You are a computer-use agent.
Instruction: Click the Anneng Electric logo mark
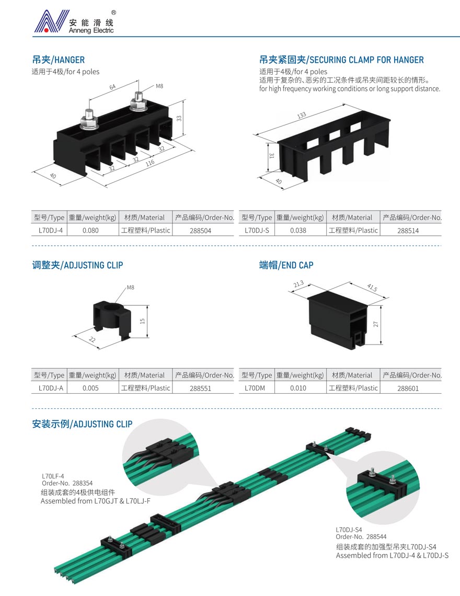pos(51,21)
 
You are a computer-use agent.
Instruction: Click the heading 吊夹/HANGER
pos(59,60)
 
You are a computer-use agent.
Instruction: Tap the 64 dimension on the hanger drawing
pos(112,87)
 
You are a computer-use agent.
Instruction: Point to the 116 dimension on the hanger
pos(150,163)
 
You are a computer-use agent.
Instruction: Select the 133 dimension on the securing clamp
pos(302,115)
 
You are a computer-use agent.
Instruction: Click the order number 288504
pos(200,231)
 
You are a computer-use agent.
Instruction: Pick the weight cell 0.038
pos(298,231)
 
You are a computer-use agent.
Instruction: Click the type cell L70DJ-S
pos(257,231)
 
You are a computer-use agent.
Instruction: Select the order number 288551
pos(200,388)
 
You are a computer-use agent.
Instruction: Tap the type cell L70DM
pos(255,388)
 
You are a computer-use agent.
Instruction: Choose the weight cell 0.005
pos(90,388)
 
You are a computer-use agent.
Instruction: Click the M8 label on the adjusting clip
pos(130,288)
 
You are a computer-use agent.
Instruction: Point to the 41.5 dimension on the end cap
pos(372,288)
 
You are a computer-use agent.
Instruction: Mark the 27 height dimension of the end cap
pos(376,324)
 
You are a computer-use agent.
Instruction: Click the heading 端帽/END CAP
pos(286,265)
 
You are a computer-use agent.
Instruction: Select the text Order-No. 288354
pos(67,484)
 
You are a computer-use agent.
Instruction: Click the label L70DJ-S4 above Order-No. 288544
pos(349,530)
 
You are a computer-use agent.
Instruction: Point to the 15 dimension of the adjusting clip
pos(142,321)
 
